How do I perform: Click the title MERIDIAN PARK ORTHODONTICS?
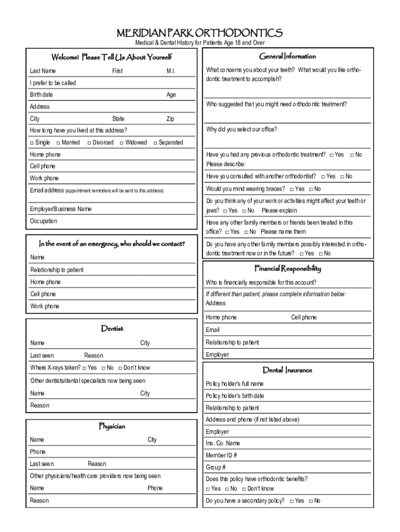(x=199, y=33)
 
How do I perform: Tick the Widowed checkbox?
(x=122, y=143)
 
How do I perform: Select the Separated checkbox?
(x=155, y=143)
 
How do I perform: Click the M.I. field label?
(x=171, y=71)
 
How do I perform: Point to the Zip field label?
(x=170, y=119)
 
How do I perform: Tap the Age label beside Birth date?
(x=171, y=95)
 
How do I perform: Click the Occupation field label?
(x=44, y=221)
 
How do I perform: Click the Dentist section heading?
(x=112, y=329)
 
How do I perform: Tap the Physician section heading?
(x=112, y=427)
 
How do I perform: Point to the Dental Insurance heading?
(x=287, y=370)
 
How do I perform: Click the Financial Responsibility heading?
(x=287, y=269)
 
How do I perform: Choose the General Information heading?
(x=287, y=56)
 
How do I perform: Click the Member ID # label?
(x=221, y=456)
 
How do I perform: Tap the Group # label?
(x=216, y=468)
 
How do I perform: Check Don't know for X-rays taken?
(x=120, y=368)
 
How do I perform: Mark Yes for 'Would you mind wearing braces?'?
(x=291, y=190)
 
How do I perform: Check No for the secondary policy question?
(x=311, y=501)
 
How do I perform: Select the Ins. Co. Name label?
(x=223, y=444)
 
